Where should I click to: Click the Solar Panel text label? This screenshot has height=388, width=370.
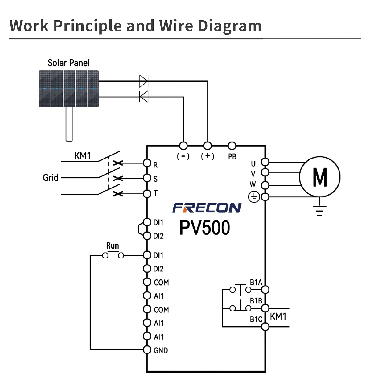[68, 63]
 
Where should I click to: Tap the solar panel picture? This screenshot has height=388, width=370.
[69, 89]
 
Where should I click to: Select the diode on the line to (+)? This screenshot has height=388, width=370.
[144, 81]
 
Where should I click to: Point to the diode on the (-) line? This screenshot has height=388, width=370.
[144, 97]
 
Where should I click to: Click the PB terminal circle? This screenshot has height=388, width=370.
[232, 146]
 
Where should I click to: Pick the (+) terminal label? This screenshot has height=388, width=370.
[208, 156]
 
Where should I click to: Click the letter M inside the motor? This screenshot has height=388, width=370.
[320, 177]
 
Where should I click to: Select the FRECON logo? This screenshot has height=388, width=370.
[207, 208]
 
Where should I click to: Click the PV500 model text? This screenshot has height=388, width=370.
[205, 228]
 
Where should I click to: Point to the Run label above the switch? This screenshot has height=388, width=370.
[113, 246]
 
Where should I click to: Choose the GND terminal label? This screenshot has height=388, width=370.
[161, 350]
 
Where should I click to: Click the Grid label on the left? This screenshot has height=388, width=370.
[51, 178]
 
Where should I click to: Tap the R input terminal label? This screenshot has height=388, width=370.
[155, 165]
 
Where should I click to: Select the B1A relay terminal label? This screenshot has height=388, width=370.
[256, 282]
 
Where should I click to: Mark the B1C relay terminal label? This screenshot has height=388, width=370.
[256, 320]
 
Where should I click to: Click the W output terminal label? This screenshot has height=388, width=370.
[253, 184]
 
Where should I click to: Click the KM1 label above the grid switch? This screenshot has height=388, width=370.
[83, 156]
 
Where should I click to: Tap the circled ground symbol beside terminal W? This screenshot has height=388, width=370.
[254, 197]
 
